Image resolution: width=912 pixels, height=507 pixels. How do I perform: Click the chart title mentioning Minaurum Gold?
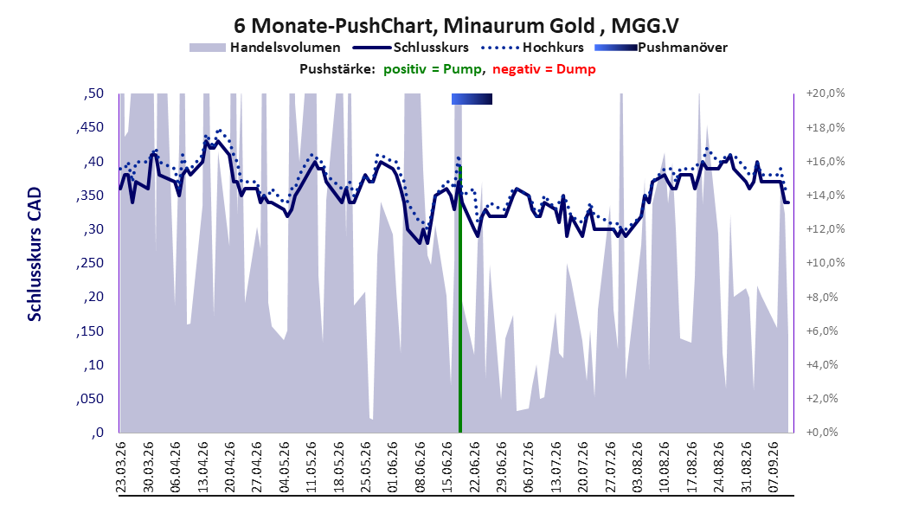(x=456, y=26)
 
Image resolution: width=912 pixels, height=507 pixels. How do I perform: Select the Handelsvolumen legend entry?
(x=265, y=48)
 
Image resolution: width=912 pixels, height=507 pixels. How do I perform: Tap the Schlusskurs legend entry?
(x=411, y=48)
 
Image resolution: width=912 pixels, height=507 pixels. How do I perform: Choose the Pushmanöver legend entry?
(x=661, y=48)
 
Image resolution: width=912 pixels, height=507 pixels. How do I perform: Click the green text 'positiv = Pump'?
(x=433, y=69)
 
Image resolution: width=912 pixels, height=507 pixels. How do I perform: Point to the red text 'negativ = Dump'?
(x=544, y=69)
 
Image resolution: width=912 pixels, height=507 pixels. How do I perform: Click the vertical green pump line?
(x=460, y=299)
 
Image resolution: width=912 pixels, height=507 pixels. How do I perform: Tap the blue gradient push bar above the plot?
(x=472, y=99)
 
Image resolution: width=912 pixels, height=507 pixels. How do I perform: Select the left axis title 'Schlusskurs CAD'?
(x=35, y=254)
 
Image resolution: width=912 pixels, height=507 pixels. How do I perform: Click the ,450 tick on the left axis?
(x=90, y=127)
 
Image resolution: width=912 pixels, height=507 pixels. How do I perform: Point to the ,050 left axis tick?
(x=90, y=399)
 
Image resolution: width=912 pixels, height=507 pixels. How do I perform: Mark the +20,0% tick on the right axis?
(x=825, y=93)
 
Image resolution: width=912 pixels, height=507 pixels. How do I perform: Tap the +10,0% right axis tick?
(x=825, y=263)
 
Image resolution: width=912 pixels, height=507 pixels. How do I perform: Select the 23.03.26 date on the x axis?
(x=121, y=467)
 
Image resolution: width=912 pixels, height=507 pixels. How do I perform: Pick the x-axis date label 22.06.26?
(x=475, y=467)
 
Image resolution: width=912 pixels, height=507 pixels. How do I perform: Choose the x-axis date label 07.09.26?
(x=773, y=467)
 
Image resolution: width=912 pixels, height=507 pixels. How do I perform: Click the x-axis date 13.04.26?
(x=203, y=467)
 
